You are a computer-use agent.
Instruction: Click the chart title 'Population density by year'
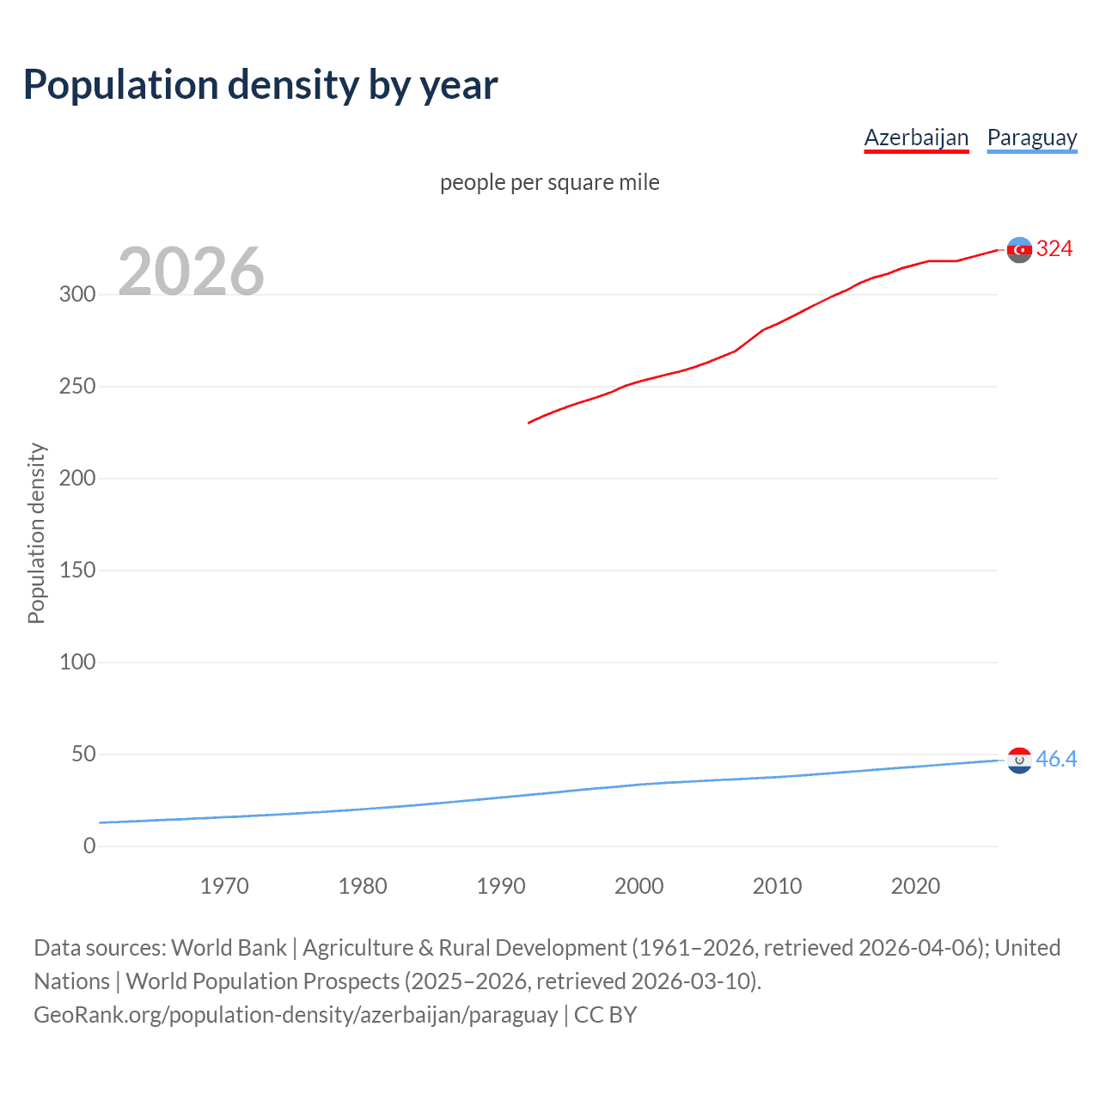260,84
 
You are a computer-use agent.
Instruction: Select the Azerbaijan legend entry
916,137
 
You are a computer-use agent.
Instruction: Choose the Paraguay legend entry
1031,137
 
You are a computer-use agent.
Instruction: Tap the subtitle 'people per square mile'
549,182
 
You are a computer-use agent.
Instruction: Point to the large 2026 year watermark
191,272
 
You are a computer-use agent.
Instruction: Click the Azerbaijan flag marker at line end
1019,250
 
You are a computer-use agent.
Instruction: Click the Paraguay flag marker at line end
1019,760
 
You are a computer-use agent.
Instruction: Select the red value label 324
1054,249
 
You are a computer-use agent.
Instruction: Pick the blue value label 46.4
1056,759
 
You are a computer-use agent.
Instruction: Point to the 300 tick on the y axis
77,294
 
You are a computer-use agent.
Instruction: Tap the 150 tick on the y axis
77,570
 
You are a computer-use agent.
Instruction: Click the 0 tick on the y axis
89,846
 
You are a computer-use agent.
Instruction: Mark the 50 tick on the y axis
83,754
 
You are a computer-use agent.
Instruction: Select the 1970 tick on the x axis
224,886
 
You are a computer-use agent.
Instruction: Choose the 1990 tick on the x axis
501,886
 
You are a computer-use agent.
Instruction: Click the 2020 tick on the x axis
915,886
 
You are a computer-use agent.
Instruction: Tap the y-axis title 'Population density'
36,533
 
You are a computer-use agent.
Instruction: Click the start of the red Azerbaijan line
529,422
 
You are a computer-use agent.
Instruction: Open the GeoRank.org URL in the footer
296,1015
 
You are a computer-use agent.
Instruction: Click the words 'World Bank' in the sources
229,948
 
